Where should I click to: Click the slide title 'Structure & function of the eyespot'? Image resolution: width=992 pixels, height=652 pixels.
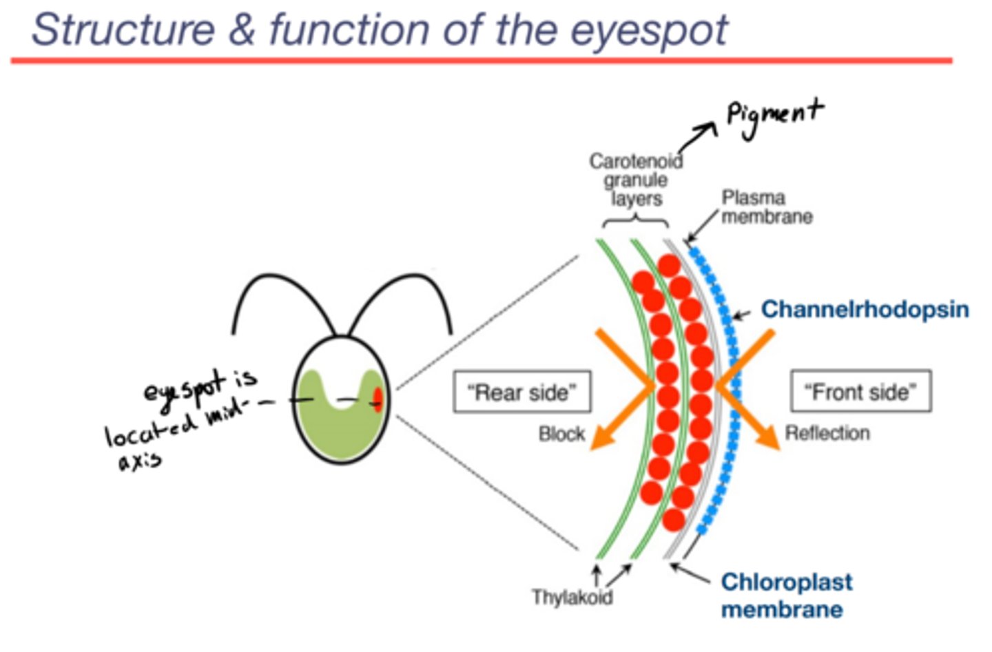(x=379, y=30)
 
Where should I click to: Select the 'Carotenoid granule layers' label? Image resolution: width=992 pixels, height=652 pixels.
(x=635, y=180)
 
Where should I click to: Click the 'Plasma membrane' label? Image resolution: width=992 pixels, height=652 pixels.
(x=765, y=207)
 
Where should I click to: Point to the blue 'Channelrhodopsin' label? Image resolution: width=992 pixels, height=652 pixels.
(x=865, y=310)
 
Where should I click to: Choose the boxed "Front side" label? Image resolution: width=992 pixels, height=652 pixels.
(x=860, y=392)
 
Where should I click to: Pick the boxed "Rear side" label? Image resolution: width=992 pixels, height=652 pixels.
(x=521, y=392)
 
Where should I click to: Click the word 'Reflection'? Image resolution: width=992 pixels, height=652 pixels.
(x=827, y=433)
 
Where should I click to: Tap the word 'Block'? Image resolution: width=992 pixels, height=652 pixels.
(x=561, y=434)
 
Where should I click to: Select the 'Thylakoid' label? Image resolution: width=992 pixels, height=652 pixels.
(x=572, y=597)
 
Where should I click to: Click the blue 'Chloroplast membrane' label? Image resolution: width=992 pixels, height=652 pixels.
(x=785, y=596)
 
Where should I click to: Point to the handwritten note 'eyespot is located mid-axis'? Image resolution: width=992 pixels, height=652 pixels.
(x=183, y=417)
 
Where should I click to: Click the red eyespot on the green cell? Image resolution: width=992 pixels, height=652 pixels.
(x=378, y=400)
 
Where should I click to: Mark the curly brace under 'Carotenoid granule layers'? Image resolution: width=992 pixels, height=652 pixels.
(x=635, y=222)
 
